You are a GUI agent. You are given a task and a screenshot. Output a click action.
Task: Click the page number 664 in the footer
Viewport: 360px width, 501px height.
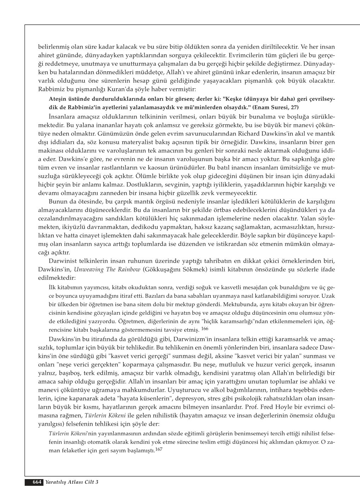[37, 482]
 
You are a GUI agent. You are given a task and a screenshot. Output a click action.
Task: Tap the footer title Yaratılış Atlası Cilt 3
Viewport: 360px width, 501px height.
[71, 482]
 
